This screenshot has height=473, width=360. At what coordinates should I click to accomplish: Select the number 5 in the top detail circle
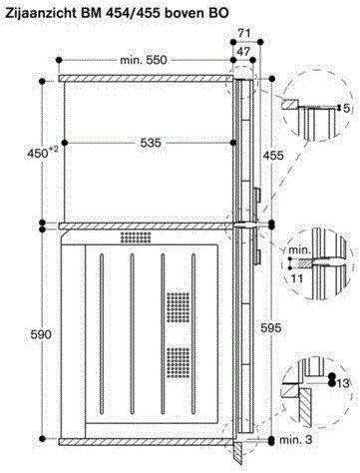click(347, 134)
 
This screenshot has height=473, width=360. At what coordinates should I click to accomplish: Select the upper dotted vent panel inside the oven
click(177, 305)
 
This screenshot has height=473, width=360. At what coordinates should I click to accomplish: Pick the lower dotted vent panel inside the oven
click(177, 360)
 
